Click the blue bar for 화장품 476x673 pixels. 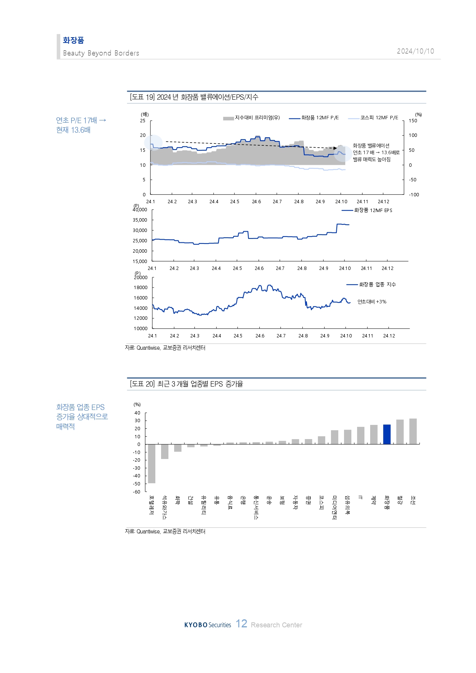click(x=387, y=434)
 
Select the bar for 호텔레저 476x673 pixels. click(x=152, y=463)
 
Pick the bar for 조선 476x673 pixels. click(x=413, y=431)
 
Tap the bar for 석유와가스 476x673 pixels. click(x=165, y=451)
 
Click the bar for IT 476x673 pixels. click(x=361, y=436)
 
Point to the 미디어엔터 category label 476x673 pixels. click(x=334, y=507)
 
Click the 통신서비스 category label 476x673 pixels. click(x=256, y=507)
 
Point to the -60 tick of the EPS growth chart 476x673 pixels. click(x=137, y=492)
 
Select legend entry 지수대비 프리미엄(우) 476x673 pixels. click(x=252, y=118)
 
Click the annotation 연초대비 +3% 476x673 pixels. click(x=372, y=302)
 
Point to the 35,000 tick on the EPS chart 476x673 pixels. click(x=140, y=220)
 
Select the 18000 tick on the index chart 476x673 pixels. click(x=140, y=288)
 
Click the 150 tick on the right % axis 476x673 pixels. click(x=413, y=121)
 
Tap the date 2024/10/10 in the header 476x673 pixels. click(x=415, y=51)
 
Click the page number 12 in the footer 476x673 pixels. click(x=241, y=624)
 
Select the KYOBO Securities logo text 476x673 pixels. click(x=208, y=625)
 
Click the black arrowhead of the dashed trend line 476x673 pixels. click(x=335, y=148)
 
